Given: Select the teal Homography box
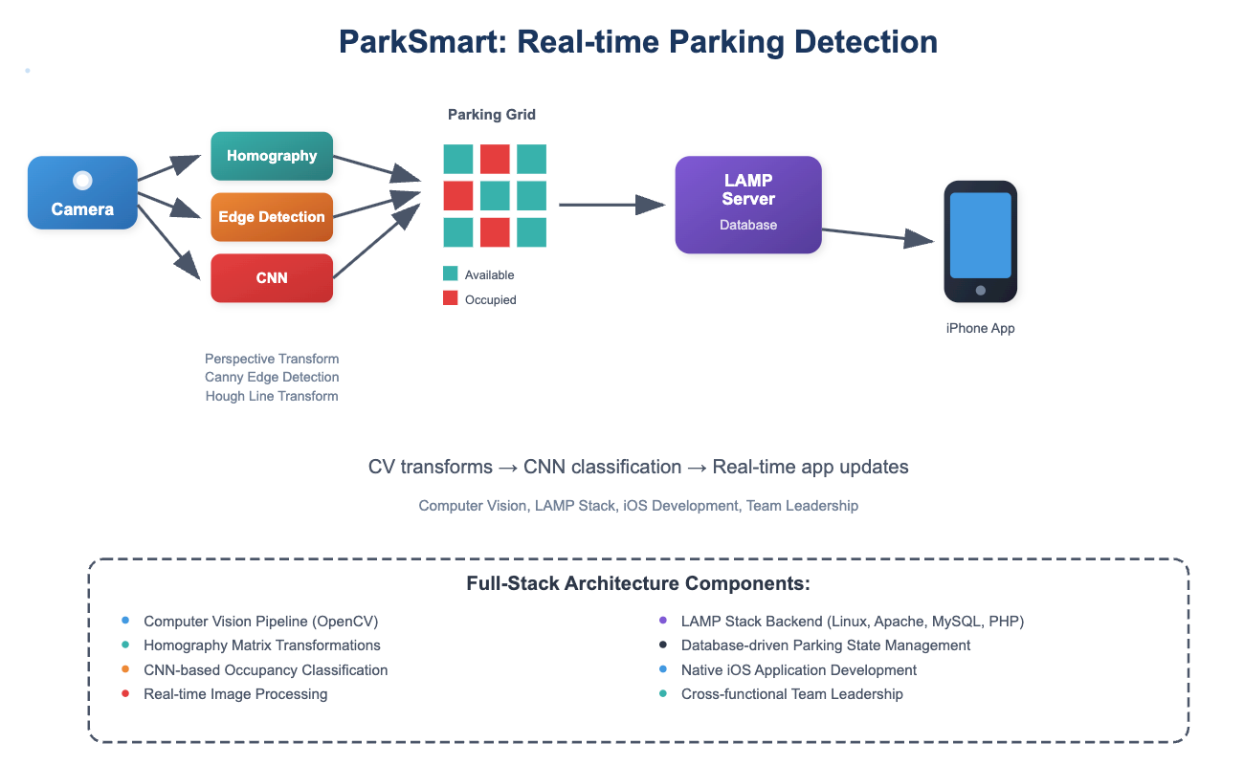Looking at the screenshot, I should [272, 156].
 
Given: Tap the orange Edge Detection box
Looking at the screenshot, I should [272, 217].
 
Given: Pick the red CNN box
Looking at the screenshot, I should [272, 278].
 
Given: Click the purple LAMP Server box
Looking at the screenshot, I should [748, 205].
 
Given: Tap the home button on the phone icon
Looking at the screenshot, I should [980, 290].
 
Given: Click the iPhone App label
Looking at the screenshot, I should [980, 328].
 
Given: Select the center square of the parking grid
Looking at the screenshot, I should [495, 196].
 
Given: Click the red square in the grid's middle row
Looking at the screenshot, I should [457, 196].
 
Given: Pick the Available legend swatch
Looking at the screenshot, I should [450, 274].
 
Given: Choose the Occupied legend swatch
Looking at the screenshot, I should [450, 298].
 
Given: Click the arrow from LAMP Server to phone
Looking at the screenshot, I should [876, 236].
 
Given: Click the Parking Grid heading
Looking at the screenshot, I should [492, 115].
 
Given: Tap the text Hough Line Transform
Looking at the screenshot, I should [272, 396].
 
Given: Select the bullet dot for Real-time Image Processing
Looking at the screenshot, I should [125, 694].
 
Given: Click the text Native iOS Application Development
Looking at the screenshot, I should [799, 670].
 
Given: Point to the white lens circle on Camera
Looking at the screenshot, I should [82, 180].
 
